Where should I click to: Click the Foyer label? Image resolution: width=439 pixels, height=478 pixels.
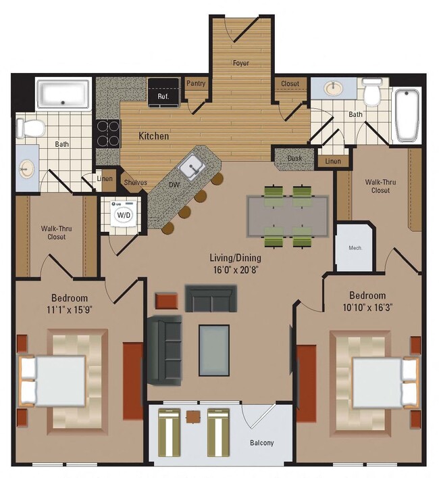(x=241, y=63)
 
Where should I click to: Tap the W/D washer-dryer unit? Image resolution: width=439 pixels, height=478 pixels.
(x=124, y=214)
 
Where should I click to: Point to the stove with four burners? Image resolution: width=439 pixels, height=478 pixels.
(x=107, y=133)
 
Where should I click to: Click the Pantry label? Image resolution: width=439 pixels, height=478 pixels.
(x=196, y=84)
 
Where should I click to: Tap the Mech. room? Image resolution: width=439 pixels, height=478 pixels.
(x=355, y=247)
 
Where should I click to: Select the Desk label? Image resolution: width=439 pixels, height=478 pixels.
(x=294, y=158)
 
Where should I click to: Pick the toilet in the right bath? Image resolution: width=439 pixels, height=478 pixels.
(x=371, y=94)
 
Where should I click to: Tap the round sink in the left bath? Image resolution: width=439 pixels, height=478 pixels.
(x=27, y=168)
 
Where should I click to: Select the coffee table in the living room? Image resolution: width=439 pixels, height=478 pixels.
(x=213, y=345)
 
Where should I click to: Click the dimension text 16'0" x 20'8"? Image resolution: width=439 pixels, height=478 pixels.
(x=234, y=269)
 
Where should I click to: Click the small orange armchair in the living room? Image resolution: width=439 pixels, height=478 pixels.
(x=165, y=300)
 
